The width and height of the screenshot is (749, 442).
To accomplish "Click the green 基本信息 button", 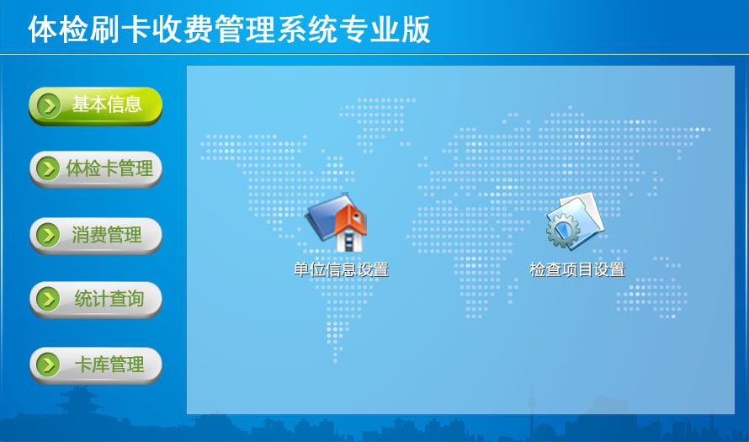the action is tap(96, 105).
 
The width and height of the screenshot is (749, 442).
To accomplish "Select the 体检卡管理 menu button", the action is tap(96, 169).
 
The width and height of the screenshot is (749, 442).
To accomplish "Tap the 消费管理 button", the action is tap(96, 235).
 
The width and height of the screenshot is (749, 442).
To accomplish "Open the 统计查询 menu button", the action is tap(96, 299).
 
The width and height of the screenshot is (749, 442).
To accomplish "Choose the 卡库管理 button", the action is tap(96, 365).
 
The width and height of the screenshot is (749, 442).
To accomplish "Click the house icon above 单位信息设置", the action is tap(337, 222).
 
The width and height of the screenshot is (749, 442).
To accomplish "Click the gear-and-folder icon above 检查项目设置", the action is tap(575, 221).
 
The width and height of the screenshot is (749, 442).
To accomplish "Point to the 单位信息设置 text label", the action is tap(341, 270).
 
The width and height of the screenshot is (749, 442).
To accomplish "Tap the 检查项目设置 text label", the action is tap(577, 270).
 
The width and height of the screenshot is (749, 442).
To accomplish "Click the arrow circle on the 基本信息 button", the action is tap(49, 105).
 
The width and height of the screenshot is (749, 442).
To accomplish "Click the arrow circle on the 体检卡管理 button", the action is tap(48, 168).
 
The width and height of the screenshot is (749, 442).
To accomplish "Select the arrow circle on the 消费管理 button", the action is tap(48, 235).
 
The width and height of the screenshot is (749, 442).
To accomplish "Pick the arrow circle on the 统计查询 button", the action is tap(48, 299).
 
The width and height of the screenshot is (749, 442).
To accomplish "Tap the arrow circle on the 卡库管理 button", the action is tap(48, 365).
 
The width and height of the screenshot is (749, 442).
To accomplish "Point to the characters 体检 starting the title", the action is tap(58, 29).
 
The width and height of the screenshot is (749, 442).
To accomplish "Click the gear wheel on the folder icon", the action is tap(564, 231).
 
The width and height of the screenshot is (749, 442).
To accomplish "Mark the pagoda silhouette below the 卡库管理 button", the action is tap(79, 402).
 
